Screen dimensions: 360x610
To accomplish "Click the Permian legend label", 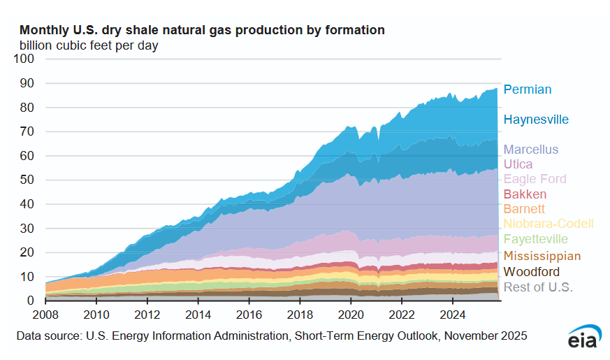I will [528, 89].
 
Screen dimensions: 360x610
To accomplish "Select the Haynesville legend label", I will [537, 120].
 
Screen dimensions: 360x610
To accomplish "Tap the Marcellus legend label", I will [531, 150].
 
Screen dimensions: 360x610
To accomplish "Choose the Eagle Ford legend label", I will [535, 179].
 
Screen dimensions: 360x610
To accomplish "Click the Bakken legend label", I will [525, 194].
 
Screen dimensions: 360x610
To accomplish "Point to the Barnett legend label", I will [524, 209].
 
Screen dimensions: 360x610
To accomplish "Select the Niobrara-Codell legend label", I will [549, 224].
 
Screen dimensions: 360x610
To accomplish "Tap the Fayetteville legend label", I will [536, 239].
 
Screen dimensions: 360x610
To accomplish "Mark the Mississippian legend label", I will [541, 255].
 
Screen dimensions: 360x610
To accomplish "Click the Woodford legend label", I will [531, 271].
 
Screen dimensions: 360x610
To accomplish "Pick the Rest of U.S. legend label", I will [538, 287].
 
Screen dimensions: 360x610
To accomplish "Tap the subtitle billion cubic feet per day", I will [89, 45].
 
